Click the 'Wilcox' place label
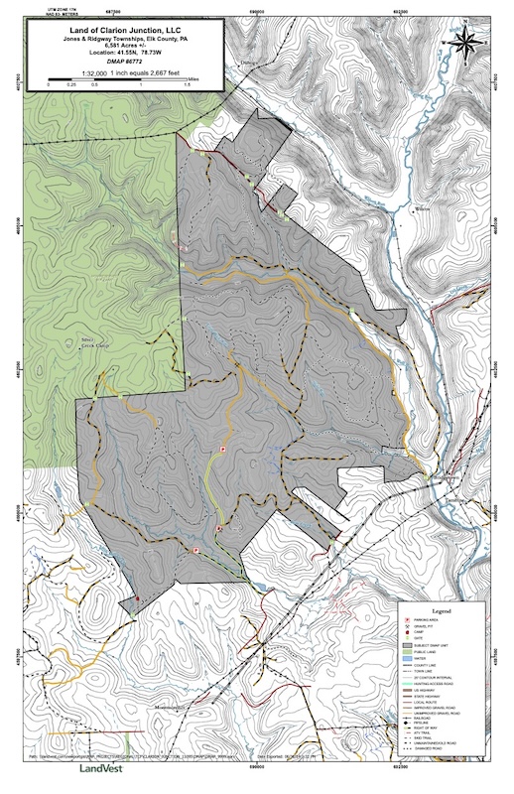pyautogui.click(x=423, y=209)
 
